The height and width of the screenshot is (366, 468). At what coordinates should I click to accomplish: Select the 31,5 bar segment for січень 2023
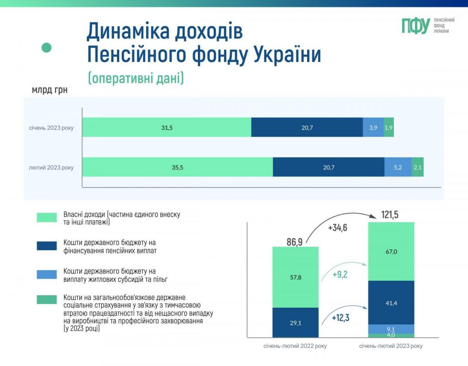167,128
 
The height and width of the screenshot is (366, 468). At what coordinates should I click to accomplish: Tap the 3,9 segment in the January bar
373,128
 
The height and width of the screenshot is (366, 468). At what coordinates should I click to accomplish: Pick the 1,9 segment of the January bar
388,128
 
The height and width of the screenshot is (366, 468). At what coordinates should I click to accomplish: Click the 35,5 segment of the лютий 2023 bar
177,167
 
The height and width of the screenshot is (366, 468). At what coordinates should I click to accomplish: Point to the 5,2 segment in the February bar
398,167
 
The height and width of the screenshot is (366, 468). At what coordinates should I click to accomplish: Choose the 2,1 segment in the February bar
417,167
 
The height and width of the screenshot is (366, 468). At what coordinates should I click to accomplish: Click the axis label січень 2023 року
50,128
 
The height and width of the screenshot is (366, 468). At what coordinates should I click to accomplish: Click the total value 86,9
294,242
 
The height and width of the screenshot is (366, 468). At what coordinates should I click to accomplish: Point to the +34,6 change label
337,227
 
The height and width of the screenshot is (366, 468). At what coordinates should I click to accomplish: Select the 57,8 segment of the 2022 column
295,277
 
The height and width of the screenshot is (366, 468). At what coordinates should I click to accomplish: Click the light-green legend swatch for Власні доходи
47,217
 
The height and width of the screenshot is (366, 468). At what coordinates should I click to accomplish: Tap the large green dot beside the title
47,47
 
